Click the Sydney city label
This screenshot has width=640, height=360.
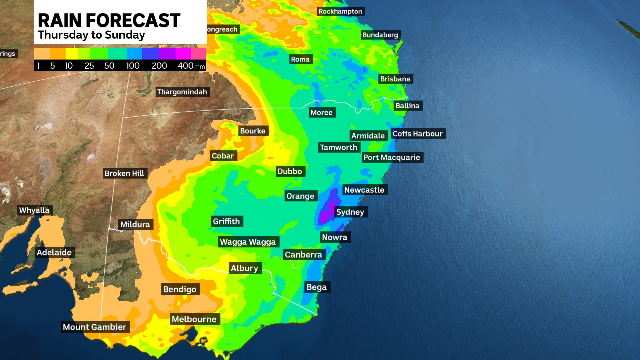pos(350,212)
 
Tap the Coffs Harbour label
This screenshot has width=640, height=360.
pos(417,134)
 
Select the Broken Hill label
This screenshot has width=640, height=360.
pos(124,173)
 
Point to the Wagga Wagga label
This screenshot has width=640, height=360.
pos(248,242)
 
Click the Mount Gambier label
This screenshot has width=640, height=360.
pos(94,327)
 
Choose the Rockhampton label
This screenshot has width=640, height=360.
pos(340,11)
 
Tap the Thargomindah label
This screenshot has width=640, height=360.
pos(182,92)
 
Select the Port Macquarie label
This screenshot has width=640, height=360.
pos(392,157)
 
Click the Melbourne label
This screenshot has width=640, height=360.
pos(194,319)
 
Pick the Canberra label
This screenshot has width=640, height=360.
pos(303,255)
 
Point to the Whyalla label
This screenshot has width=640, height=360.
pos(34,210)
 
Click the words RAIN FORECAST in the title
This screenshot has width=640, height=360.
pos(109,20)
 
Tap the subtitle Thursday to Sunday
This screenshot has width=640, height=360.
pos(91,35)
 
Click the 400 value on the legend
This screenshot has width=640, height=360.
pos(186,66)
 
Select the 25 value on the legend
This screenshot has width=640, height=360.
pos(89,66)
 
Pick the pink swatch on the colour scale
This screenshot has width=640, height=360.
pos(198,53)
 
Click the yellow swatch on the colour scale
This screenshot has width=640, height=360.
pos(72,53)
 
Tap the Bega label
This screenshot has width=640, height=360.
pos(316,287)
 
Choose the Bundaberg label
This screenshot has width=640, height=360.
pos(380,35)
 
